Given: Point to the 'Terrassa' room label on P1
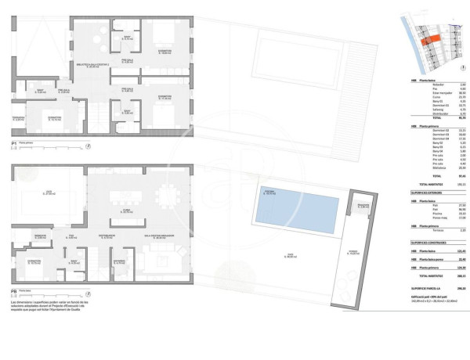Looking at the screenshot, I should click(20, 116).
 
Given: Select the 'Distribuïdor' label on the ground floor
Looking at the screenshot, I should click(107, 234).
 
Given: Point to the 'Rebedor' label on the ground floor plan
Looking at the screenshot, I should click(40, 235).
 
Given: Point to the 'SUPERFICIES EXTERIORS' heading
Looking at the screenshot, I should click(428, 191).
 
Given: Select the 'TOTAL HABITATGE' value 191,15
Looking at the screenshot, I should click(462, 185).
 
